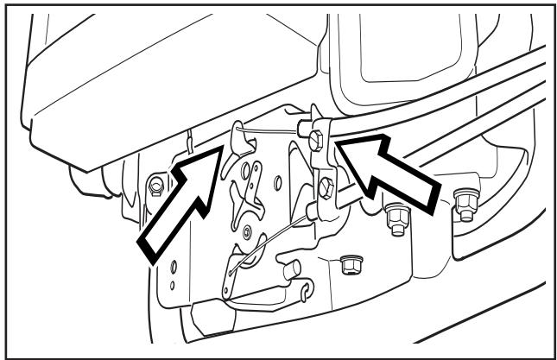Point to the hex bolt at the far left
click(x=156, y=184)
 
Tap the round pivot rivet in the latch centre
click(x=249, y=231)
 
